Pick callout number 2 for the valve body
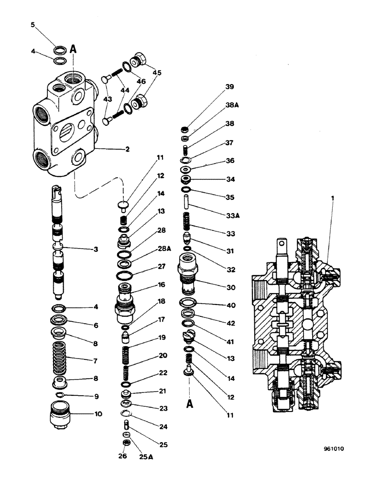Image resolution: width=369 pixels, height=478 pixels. (127, 149)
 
